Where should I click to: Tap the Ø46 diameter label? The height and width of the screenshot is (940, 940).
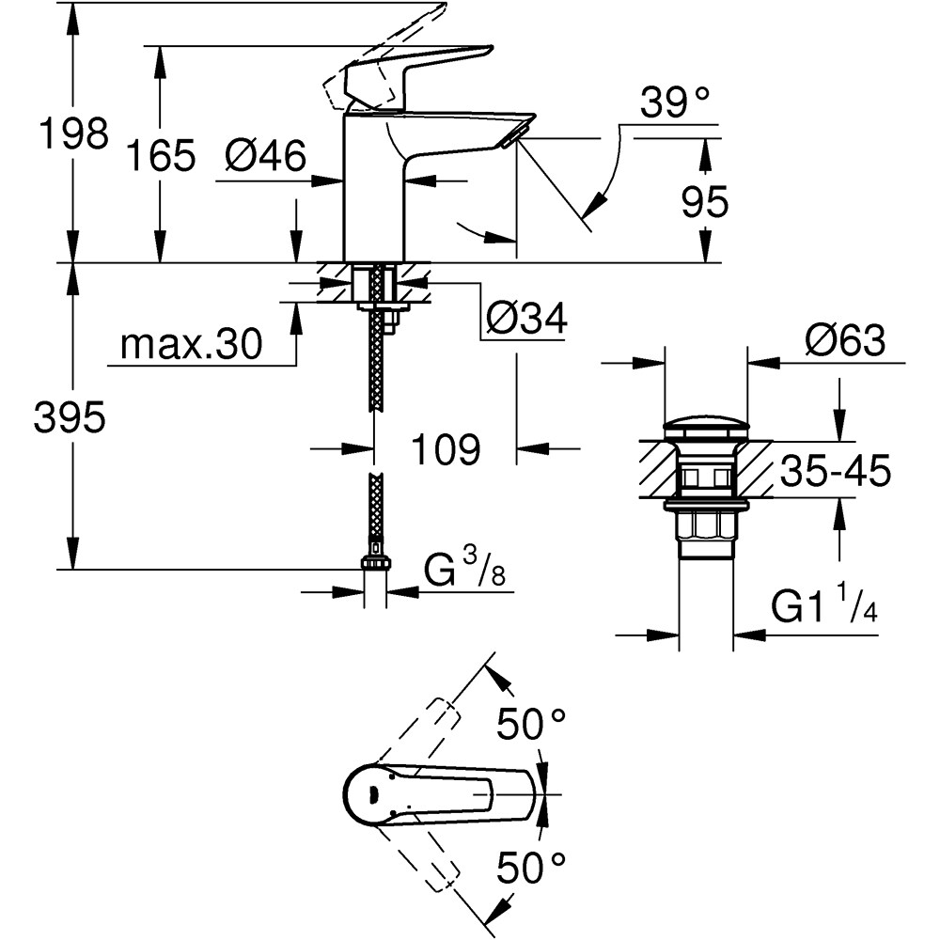point(266,156)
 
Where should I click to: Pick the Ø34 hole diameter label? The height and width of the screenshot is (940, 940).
point(526,320)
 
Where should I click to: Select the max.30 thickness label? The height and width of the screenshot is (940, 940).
point(191,346)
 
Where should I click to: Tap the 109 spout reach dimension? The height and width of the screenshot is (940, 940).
point(445,450)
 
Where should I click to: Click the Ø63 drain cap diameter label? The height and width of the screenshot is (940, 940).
point(844,341)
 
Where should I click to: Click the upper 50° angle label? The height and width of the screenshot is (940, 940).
point(532,725)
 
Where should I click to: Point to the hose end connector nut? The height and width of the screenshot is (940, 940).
point(376,561)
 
